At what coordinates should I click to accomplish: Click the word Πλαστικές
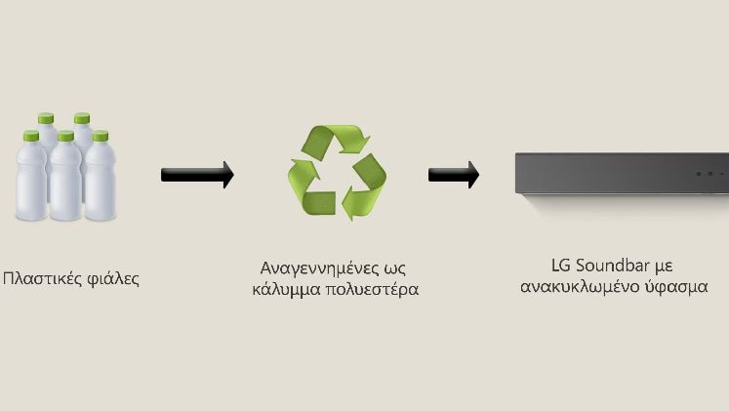[x=42, y=279]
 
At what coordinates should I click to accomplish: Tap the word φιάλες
[x=113, y=279]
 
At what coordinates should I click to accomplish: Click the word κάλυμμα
[x=286, y=289]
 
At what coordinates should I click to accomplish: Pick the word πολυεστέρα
[x=372, y=290]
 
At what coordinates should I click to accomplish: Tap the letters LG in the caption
[x=560, y=266]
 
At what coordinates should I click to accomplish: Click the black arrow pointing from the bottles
[x=197, y=175]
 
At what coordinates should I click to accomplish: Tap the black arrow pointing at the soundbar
[x=454, y=175]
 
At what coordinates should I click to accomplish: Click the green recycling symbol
[x=337, y=172]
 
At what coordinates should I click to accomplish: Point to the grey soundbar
[x=622, y=173]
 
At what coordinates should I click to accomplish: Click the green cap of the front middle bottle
[x=66, y=136]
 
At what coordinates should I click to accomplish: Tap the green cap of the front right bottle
[x=101, y=136]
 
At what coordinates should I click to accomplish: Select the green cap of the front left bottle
[x=31, y=136]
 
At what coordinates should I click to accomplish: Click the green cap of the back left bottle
[x=46, y=118]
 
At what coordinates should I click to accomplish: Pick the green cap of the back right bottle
[x=82, y=118]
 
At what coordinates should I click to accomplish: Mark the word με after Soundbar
[x=664, y=267]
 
